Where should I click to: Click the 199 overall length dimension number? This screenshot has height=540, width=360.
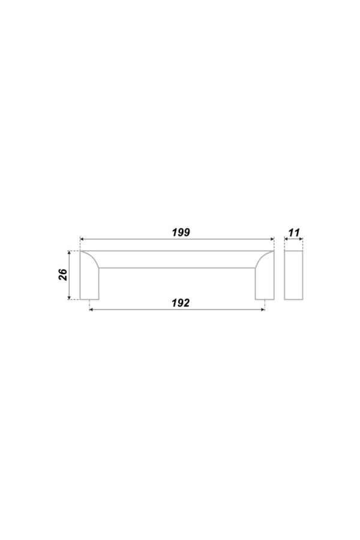pyautogui.click(x=181, y=232)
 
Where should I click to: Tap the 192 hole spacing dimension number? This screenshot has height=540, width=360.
pyautogui.click(x=181, y=303)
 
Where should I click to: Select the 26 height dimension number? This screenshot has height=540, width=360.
pyautogui.click(x=64, y=275)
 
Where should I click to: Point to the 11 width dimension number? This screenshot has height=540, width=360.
pyautogui.click(x=294, y=233)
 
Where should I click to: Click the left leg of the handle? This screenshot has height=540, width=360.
pyautogui.click(x=89, y=283)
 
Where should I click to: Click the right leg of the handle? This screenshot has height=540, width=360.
pyautogui.click(x=265, y=283)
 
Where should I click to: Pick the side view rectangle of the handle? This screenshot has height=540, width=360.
pyautogui.click(x=293, y=275)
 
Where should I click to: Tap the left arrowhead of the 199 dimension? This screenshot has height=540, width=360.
pyautogui.click(x=82, y=239)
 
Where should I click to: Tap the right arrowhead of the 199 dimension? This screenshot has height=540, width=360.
pyautogui.click(x=272, y=239)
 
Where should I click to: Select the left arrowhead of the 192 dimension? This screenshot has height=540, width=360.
pyautogui.click(x=91, y=310)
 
